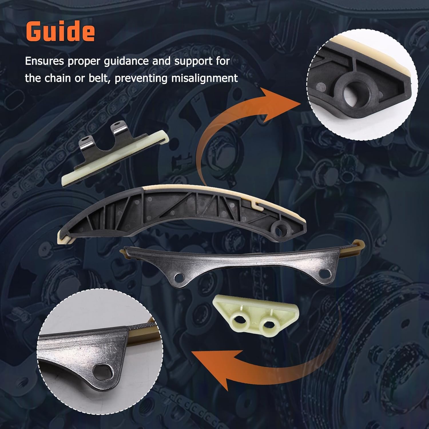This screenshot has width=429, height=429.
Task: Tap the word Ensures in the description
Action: (x=44, y=61)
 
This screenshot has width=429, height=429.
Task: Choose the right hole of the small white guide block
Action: (x=269, y=324)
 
